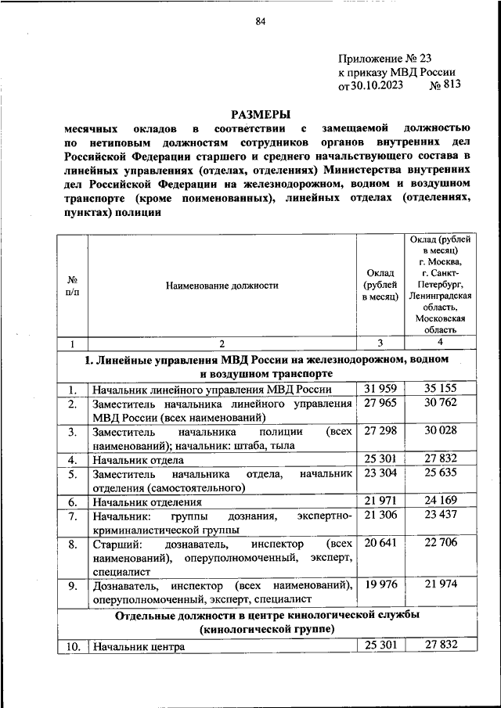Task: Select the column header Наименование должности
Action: coord(222,286)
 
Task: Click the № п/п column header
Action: coord(71,286)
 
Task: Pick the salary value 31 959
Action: coord(380,389)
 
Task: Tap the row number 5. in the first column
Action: coord(71,474)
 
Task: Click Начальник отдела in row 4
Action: coord(138,460)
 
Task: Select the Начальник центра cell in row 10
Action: coord(138,647)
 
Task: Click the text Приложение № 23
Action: coord(384,58)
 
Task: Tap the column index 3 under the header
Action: coord(380,343)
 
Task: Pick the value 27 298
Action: coord(380,431)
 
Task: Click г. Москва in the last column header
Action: coord(441,261)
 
